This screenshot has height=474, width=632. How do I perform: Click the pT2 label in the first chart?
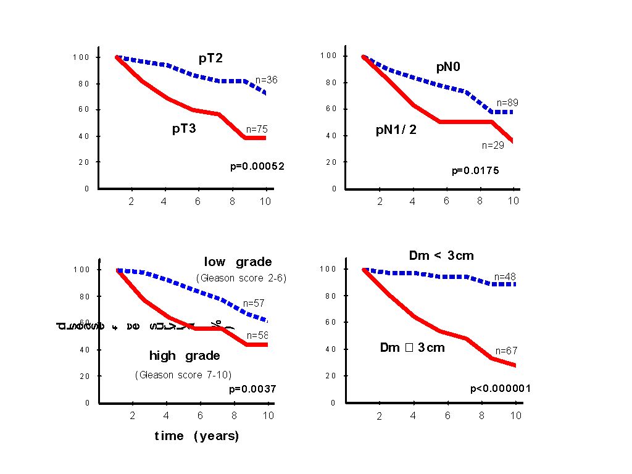coord(210,58)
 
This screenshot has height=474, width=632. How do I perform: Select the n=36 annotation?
coord(266,80)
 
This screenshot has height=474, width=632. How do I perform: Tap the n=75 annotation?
coord(257,130)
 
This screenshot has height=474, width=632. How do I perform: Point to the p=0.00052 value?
coord(257,166)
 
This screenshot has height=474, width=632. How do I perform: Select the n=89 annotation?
coord(507,102)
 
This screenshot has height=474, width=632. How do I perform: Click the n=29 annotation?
coord(493,146)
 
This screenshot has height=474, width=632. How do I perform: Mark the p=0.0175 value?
coord(475,170)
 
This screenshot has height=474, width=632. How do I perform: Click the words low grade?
coord(238,262)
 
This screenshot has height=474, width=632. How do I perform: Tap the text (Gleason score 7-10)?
coord(183,374)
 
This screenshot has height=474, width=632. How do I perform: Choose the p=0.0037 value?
coord(252,389)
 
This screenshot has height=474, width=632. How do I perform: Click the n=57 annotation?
coord(254,303)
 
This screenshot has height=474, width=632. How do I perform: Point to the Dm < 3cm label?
coord(441,256)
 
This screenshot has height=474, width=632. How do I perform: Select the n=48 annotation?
coord(505,277)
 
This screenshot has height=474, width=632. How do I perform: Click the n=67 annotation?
coord(506,351)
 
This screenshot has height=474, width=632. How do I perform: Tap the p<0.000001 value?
coord(501,388)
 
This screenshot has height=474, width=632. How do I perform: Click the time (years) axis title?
coord(196,436)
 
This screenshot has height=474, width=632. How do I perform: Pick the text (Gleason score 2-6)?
coord(241,278)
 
